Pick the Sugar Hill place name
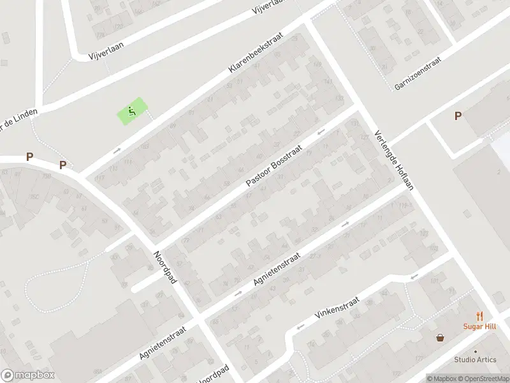[479, 326]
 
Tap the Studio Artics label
[475, 359]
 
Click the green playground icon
[131, 112]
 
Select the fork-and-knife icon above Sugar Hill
[479, 315]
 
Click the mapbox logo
[28, 375]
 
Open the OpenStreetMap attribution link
[483, 379]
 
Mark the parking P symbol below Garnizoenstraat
[458, 116]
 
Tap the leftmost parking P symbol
[29, 156]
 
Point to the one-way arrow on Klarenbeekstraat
[117, 151]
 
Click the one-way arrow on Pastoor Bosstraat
[321, 131]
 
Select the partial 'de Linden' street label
[18, 116]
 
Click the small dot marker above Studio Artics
[475, 350]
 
